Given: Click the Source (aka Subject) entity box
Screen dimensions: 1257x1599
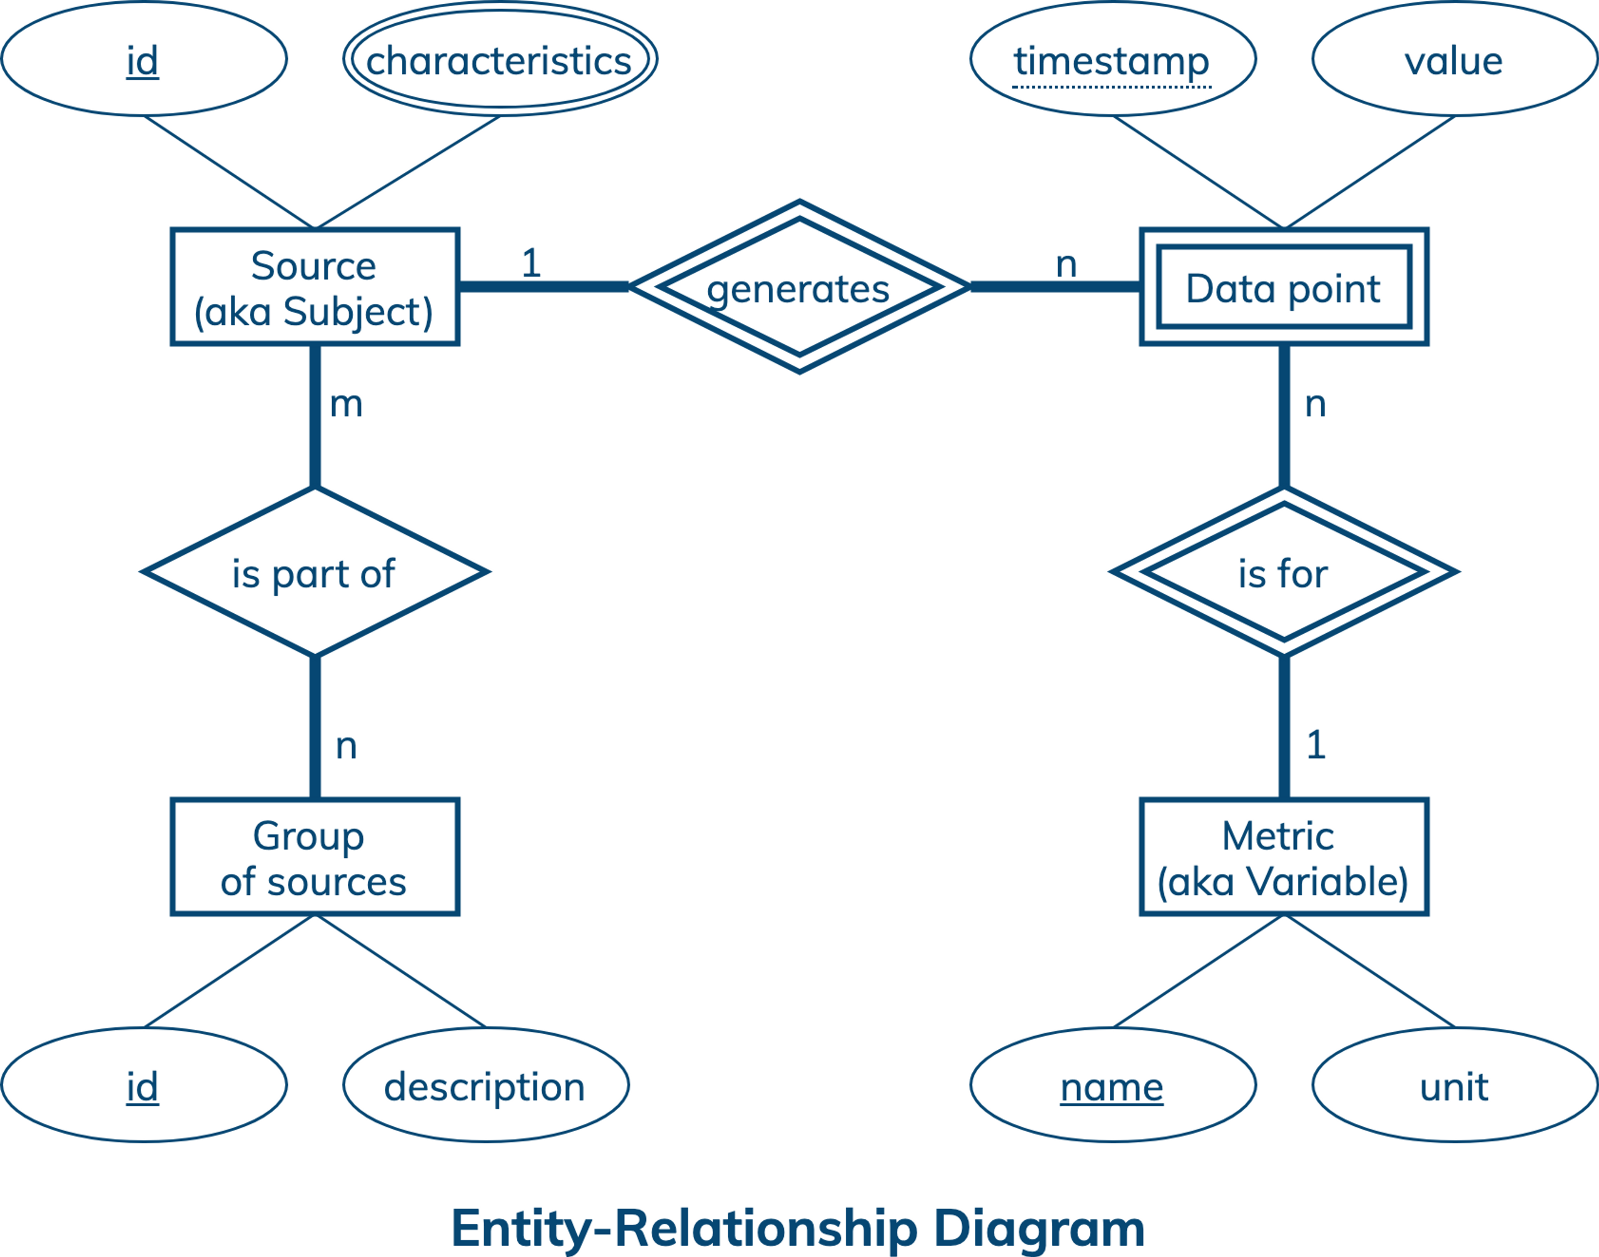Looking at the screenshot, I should click(x=314, y=287).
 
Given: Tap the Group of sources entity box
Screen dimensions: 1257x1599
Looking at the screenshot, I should click(x=314, y=857).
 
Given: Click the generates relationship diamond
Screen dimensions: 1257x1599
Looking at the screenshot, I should click(x=799, y=287).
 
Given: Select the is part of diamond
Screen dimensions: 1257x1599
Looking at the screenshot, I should click(x=314, y=572).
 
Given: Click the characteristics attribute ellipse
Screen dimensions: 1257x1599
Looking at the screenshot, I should click(x=500, y=59).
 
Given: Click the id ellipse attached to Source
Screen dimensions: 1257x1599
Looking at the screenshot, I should click(x=144, y=59).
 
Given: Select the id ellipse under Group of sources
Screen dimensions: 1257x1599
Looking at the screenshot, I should click(x=144, y=1085).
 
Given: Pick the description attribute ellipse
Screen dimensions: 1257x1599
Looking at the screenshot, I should click(x=486, y=1085).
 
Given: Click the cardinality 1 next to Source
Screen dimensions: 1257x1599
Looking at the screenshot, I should click(x=531, y=263).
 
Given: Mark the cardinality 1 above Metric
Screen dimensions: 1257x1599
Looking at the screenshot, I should click(x=1316, y=745).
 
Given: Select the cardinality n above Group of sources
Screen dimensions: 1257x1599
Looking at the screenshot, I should click(x=346, y=746).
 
